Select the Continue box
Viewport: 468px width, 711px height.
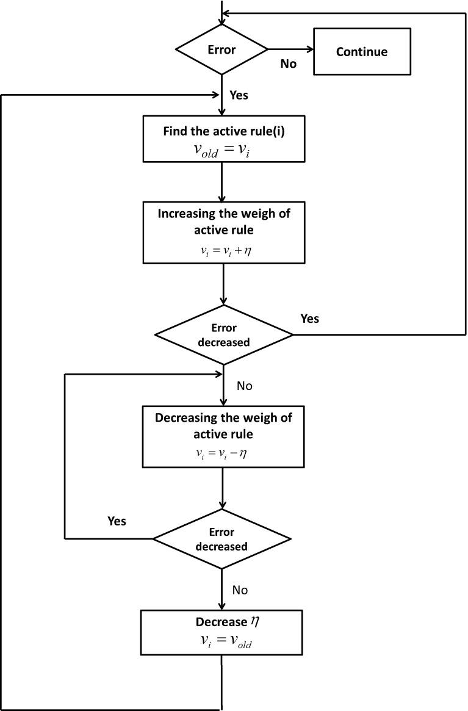tap(361, 51)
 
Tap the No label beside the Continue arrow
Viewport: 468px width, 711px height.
tap(288, 63)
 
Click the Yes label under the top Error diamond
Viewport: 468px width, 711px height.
tap(239, 95)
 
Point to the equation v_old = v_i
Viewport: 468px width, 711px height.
tap(221, 150)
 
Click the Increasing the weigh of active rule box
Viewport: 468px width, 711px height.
tap(224, 232)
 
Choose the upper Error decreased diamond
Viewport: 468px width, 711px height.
tap(224, 335)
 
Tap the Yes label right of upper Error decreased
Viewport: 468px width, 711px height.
tap(310, 319)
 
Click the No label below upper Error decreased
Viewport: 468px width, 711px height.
tap(244, 386)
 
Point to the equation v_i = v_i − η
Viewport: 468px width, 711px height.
tap(223, 453)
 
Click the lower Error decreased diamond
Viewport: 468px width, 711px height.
tap(221, 540)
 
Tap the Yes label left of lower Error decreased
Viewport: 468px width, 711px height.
tap(117, 521)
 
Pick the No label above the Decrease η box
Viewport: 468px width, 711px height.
tap(240, 590)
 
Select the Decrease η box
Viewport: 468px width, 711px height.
tap(222, 631)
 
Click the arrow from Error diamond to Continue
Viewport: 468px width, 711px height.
tap(290, 49)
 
